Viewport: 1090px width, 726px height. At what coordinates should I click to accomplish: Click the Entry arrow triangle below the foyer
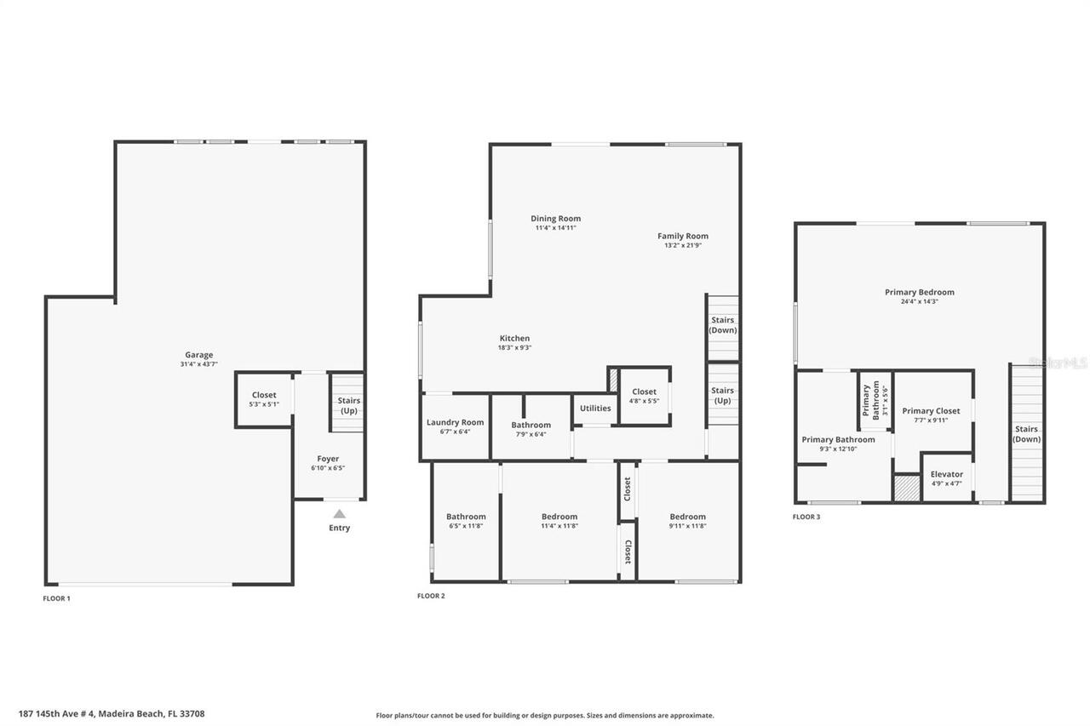coord(339,513)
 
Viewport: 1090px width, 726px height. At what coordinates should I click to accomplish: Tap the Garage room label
coord(199,355)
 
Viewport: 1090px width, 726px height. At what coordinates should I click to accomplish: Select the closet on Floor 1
coord(264,399)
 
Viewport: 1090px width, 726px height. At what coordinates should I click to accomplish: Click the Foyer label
coord(328,459)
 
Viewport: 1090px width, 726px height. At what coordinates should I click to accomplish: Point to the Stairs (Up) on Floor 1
coord(348,404)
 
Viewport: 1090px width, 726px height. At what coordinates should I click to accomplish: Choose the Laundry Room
coord(455,426)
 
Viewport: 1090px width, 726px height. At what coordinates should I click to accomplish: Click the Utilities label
coord(595,408)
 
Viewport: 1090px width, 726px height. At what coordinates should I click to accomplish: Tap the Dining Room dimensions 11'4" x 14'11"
coord(555,228)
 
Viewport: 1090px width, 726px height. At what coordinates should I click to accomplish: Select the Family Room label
coord(682,236)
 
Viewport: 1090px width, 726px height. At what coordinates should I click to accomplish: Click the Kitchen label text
coord(514,338)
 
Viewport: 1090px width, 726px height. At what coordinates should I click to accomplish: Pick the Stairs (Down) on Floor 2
coord(723,325)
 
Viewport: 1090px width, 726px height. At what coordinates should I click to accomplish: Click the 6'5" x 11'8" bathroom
coord(466,521)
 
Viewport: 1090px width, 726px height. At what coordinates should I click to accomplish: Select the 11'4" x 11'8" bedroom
coord(559,521)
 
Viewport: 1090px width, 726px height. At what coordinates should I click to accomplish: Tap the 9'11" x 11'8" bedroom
coord(687,521)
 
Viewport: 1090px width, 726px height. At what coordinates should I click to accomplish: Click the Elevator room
coord(946,478)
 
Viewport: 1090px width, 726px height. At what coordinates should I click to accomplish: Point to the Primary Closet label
coord(931,410)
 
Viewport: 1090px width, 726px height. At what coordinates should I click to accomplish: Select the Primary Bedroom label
coord(919,292)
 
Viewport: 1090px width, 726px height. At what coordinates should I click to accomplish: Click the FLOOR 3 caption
coord(806,517)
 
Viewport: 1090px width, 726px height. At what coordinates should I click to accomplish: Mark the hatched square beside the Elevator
coord(906,489)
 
